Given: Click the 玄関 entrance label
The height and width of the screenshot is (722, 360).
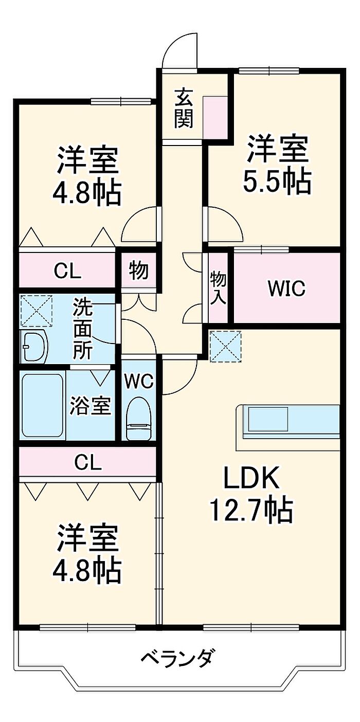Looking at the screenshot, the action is [184, 109].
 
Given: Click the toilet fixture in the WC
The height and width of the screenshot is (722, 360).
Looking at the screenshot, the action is [138, 418].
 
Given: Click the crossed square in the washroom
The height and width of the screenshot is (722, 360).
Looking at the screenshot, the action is [36, 310].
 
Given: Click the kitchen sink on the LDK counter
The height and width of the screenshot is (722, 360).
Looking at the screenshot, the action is [267, 419].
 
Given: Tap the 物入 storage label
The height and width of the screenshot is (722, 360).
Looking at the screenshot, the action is [218, 288].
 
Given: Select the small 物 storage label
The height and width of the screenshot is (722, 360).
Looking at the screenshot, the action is [138, 270].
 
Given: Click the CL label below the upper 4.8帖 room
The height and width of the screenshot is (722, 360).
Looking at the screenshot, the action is [67, 271].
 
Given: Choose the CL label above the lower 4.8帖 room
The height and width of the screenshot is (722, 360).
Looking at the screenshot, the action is [88, 463].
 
